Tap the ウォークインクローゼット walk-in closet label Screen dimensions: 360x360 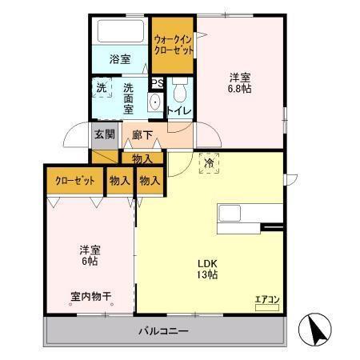click(173, 44)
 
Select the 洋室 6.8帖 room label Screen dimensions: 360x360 click(239, 83)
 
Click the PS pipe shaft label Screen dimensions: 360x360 click(157, 82)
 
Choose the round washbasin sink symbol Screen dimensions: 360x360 click(154, 102)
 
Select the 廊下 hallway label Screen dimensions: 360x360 click(143, 135)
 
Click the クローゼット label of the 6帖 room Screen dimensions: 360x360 click(75, 182)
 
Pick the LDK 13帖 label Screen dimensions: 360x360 click(208, 269)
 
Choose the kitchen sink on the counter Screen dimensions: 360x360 click(231, 214)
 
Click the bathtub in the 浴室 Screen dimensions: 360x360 click(120, 33)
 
